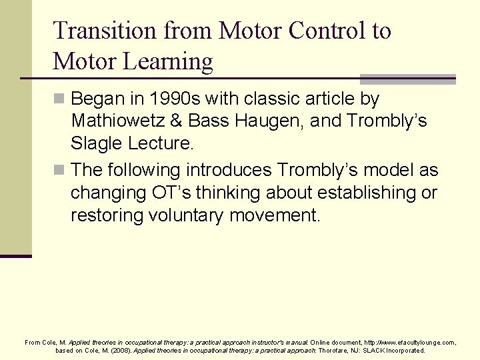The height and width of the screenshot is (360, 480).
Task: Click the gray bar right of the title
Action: coord(408,79)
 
